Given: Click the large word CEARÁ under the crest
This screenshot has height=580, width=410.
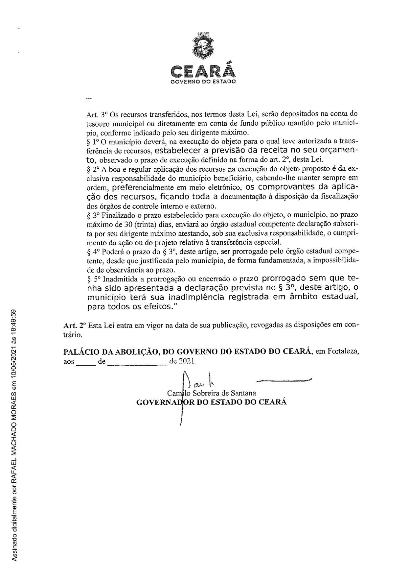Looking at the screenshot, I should tap(203, 71).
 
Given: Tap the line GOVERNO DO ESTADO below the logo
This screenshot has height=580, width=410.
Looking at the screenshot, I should tap(203, 81).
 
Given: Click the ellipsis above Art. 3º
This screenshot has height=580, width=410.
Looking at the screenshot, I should tap(88, 98).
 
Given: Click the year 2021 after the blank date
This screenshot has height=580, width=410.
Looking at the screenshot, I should tap(187, 361).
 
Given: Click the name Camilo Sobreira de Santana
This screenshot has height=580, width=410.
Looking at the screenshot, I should tap(212, 393).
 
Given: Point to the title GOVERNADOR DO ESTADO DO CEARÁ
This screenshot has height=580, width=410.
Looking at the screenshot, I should tap(212, 402).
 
